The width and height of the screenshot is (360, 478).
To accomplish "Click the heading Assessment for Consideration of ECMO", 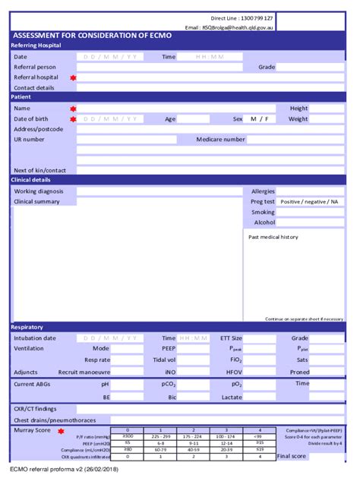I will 92,36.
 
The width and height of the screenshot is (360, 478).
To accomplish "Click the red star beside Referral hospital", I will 74,77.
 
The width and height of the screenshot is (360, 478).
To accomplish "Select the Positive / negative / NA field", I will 309,202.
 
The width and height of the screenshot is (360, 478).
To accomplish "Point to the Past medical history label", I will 273,237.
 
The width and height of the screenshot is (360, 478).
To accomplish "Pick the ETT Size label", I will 231,338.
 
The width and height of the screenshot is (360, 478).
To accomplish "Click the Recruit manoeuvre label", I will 84,373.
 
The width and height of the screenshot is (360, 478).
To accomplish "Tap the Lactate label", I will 232,397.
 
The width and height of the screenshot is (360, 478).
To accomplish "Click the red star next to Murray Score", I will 61,431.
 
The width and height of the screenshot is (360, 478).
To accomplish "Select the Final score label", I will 292,456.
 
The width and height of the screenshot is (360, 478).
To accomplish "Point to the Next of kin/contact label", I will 40,170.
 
